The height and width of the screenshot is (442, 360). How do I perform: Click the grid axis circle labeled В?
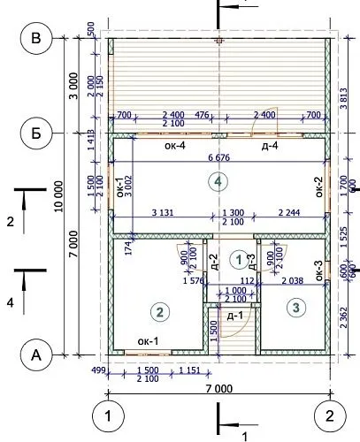pyautogui.click(x=37, y=38)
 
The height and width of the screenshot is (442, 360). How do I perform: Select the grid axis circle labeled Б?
pyautogui.click(x=37, y=133)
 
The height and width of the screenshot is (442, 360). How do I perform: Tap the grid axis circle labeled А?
pyautogui.click(x=37, y=355)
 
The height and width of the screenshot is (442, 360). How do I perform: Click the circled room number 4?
pyautogui.click(x=218, y=181)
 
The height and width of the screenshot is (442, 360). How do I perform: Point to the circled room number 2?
pyautogui.click(x=159, y=310)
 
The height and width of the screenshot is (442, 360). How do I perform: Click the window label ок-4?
pyautogui.click(x=172, y=146)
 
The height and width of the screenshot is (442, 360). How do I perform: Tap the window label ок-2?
pyautogui.click(x=318, y=188)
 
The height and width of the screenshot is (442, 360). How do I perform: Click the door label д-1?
pyautogui.click(x=234, y=316)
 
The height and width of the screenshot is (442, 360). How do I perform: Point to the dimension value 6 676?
pyautogui.click(x=218, y=157)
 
